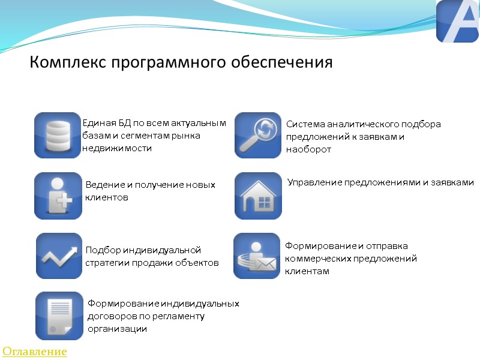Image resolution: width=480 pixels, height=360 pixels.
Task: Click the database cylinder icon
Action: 58,135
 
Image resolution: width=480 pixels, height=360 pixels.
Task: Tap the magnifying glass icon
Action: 257,135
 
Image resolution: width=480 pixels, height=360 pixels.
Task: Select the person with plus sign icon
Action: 58,196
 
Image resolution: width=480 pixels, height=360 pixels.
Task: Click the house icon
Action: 257,196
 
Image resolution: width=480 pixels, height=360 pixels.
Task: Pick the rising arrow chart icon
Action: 59,256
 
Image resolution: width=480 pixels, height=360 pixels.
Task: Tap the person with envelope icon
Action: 257,256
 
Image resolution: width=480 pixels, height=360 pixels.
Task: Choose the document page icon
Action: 59,316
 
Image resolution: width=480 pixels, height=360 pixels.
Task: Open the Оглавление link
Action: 34,351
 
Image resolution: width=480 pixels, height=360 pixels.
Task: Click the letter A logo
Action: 457,22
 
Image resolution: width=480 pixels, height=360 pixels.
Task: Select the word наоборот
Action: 308,149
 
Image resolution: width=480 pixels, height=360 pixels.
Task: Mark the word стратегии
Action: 106,263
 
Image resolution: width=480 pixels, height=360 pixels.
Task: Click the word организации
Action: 117,329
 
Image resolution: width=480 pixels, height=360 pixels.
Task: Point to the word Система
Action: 304,125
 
